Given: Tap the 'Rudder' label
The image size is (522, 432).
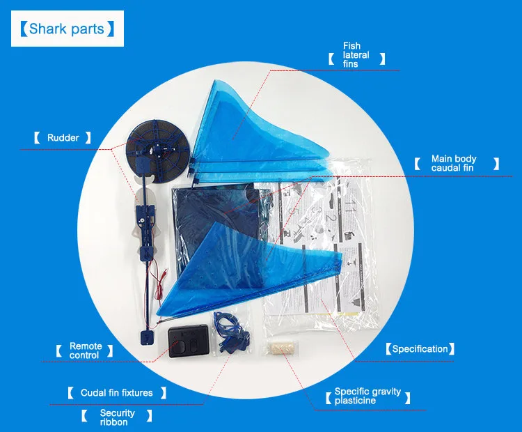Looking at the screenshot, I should coord(63,138).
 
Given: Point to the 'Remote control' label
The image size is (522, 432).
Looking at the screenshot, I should coord(86,350).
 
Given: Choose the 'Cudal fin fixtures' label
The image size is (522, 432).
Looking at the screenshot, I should coord(116,393).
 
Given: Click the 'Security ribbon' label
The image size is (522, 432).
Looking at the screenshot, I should coord(117,417).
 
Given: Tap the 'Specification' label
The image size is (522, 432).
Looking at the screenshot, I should coord(420,349).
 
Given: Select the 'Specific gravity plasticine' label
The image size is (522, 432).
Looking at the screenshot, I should coord(367,396).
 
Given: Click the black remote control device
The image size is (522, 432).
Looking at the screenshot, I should coord(188,341).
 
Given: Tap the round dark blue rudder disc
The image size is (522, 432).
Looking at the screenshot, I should coord(156,147).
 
